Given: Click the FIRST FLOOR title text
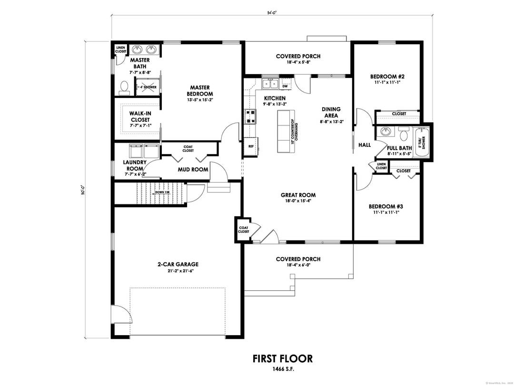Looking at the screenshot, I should point(282,358).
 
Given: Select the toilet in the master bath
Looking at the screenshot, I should point(125,87).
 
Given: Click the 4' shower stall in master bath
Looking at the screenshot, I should point(148,87).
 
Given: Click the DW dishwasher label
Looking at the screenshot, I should point(285,86).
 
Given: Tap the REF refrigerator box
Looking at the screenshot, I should point(250,146).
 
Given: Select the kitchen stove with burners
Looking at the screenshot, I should point(250,116).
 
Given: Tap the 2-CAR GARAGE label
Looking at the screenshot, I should point(178,264).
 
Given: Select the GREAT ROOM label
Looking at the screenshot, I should point(298,195).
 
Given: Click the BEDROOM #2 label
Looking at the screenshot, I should point(387,77).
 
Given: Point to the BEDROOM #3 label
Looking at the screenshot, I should point(386,206).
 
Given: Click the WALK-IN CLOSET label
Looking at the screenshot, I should point(140,116).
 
